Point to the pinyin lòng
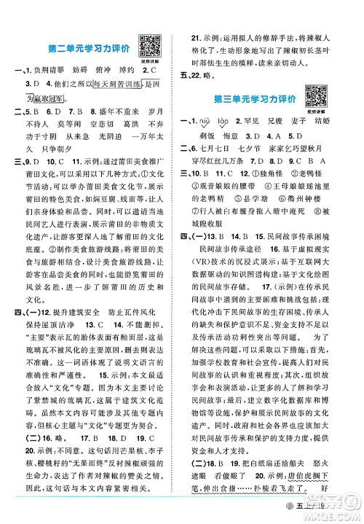239,122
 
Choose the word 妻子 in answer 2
305,122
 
